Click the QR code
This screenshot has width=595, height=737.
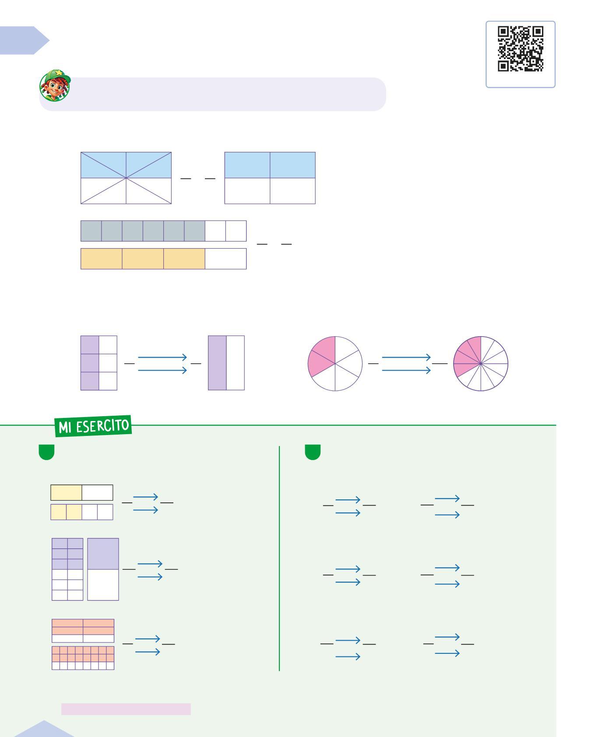pyautogui.click(x=521, y=49)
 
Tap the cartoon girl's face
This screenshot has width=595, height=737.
pyautogui.click(x=54, y=88)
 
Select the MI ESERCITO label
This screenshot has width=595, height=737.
pyautogui.click(x=93, y=425)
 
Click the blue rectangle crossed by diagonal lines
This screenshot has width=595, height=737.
pyautogui.click(x=126, y=178)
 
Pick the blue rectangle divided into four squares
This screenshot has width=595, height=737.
pyautogui.click(x=270, y=178)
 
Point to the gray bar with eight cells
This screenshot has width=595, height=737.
pyautogui.click(x=163, y=231)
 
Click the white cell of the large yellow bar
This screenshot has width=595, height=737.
pyautogui.click(x=225, y=259)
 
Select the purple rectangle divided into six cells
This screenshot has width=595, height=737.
pyautogui.click(x=99, y=363)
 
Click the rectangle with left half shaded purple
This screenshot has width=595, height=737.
pyautogui.click(x=226, y=363)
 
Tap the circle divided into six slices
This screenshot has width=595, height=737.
pyautogui.click(x=335, y=364)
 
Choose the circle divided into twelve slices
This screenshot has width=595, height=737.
pyautogui.click(x=481, y=364)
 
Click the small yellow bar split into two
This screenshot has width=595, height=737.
pyautogui.click(x=82, y=493)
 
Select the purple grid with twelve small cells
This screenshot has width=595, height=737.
pyautogui.click(x=67, y=569)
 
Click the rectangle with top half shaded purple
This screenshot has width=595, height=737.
pyautogui.click(x=103, y=569)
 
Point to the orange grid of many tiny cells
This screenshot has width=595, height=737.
pyautogui.click(x=83, y=658)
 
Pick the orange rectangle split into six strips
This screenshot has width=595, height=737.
pyautogui.click(x=83, y=631)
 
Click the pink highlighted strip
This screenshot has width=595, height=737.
pyautogui.click(x=126, y=709)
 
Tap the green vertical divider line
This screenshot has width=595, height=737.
pyautogui.click(x=279, y=558)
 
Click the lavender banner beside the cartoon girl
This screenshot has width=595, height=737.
pyautogui.click(x=228, y=94)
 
